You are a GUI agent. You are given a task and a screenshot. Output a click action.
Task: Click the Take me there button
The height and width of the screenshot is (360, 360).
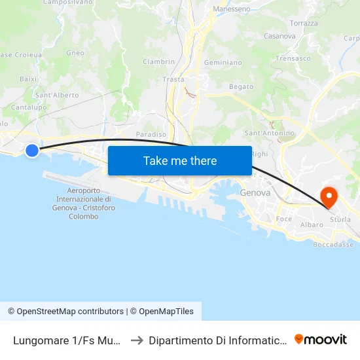click(x=180, y=160)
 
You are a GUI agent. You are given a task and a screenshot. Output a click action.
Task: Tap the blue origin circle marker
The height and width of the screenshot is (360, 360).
click(x=32, y=151)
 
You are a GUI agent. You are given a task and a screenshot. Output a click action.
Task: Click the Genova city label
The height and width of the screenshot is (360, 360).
click(x=255, y=193)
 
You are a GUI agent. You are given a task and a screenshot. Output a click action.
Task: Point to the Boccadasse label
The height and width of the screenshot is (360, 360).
click(x=334, y=244)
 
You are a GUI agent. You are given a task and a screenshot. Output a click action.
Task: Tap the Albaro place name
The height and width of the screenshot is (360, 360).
click(x=312, y=225)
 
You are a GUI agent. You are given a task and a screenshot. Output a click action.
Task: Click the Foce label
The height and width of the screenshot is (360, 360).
click(x=284, y=219)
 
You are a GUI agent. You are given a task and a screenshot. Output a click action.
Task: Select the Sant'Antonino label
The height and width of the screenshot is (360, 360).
click(x=269, y=133)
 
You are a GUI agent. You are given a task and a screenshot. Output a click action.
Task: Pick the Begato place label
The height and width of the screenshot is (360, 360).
click(x=241, y=86)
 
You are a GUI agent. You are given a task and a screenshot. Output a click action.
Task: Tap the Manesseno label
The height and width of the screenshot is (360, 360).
click(x=232, y=9)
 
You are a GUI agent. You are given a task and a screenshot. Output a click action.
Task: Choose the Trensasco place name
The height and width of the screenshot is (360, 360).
click(x=293, y=58)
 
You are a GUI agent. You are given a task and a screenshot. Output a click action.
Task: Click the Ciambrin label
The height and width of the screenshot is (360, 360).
click(x=158, y=62)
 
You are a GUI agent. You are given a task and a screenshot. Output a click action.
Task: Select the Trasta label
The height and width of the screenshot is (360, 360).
click(x=173, y=79)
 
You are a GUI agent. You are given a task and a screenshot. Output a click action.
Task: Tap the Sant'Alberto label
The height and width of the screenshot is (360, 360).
click(x=57, y=95)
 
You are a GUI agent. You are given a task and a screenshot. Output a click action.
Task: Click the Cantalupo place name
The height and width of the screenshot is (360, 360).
click(x=27, y=107)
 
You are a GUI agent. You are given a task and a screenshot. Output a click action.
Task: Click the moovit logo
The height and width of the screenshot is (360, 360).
click(x=321, y=339)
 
